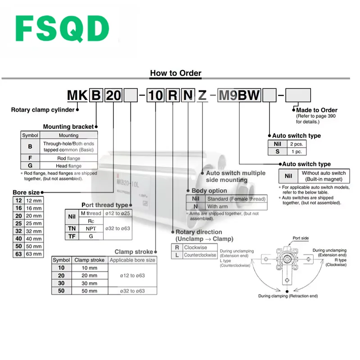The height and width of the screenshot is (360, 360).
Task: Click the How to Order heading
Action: click(x=175, y=73)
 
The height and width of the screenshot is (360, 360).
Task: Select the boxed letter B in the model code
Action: click(x=96, y=95)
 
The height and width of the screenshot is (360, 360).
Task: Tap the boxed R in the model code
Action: click(x=172, y=95)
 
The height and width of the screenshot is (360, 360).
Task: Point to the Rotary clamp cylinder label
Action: click(x=43, y=109)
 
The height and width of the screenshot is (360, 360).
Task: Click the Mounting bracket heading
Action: click(x=68, y=127)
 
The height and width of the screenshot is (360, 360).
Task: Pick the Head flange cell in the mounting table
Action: click(x=68, y=166)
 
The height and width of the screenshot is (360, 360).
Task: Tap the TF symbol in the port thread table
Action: click(x=71, y=236)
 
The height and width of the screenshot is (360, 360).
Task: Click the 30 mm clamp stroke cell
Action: click(x=86, y=283)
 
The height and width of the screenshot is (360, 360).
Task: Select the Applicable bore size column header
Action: click(x=132, y=260)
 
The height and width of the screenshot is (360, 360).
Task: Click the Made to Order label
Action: click(x=316, y=110)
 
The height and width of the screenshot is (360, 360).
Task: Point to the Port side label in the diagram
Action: click(x=301, y=238)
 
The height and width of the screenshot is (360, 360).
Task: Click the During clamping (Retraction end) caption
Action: click(x=288, y=296)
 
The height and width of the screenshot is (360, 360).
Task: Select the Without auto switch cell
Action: click(x=324, y=176)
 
